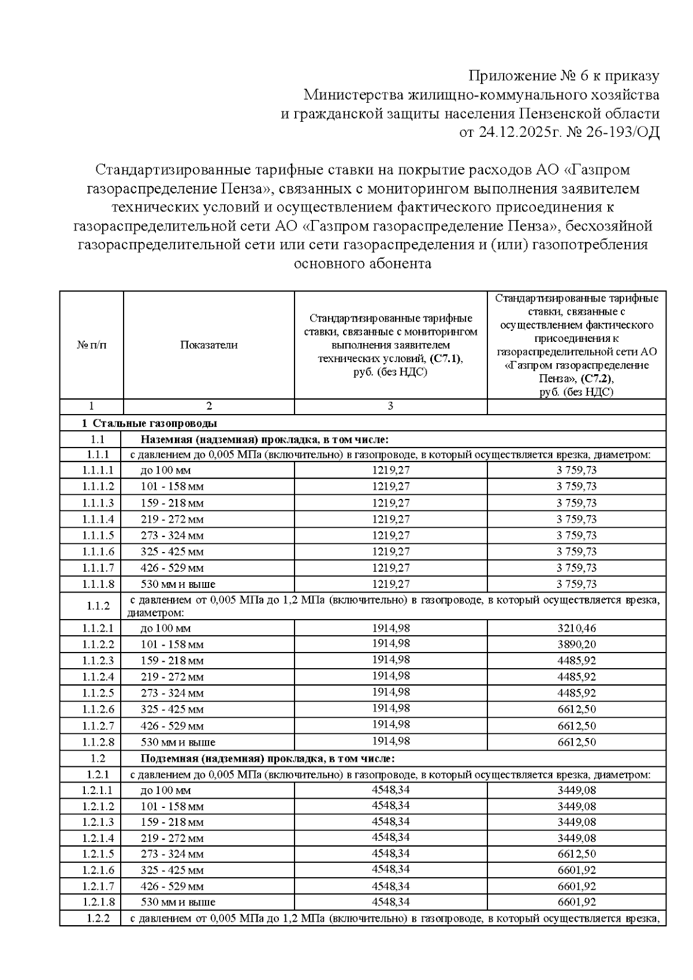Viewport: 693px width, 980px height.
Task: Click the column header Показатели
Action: (208, 345)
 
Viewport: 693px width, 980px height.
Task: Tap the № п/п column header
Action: (92, 345)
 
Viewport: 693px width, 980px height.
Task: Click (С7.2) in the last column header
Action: (597, 379)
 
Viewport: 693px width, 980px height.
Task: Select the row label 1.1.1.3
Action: (98, 503)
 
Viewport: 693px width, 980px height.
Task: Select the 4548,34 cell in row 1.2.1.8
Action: (390, 901)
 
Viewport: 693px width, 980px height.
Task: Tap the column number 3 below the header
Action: (390, 407)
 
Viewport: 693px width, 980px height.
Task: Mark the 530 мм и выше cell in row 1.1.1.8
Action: (178, 584)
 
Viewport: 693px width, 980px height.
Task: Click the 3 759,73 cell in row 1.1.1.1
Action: (576, 471)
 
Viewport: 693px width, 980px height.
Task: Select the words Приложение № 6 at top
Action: (524, 76)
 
